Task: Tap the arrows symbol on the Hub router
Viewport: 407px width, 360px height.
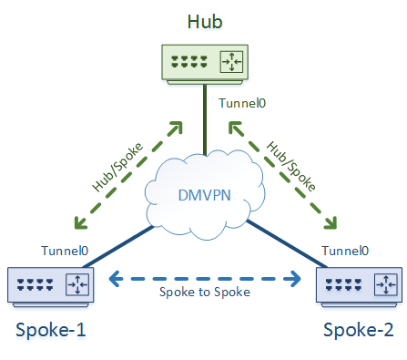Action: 235,62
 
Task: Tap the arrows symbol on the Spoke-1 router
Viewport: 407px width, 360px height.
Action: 76,285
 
